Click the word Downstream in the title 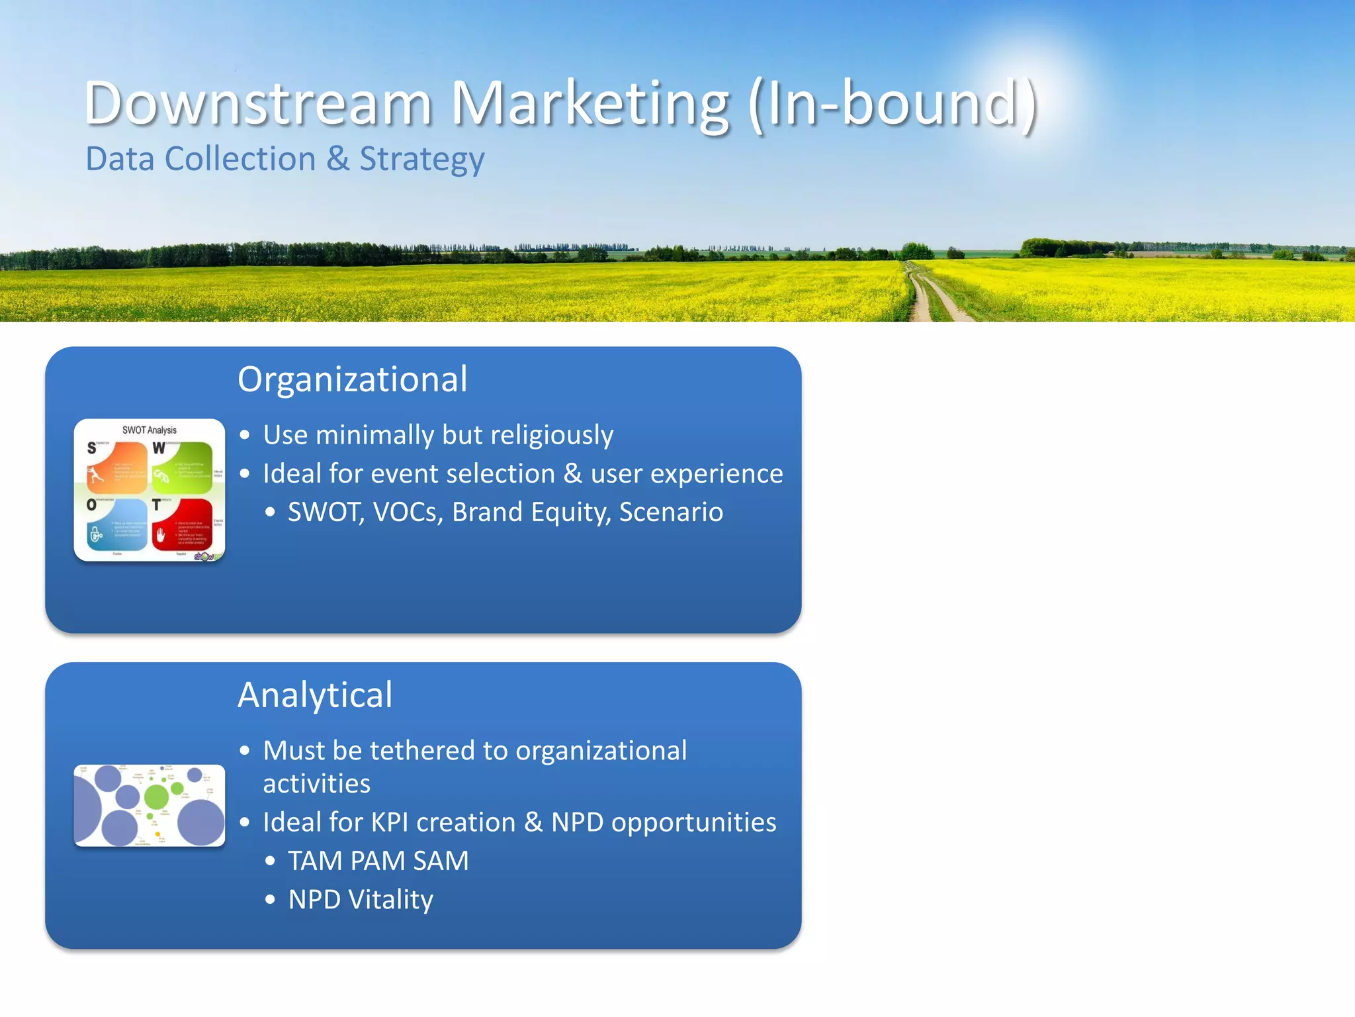tap(258, 103)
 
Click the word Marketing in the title tap(590, 103)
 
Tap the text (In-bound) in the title tap(892, 103)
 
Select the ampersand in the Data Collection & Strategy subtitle tap(337, 159)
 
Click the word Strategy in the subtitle tap(421, 160)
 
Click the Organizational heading tap(352, 379)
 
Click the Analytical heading tap(315, 695)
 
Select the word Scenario tap(671, 512)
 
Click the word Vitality tap(390, 900)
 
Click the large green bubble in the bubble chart tap(157, 797)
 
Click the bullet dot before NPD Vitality tap(270, 900)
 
